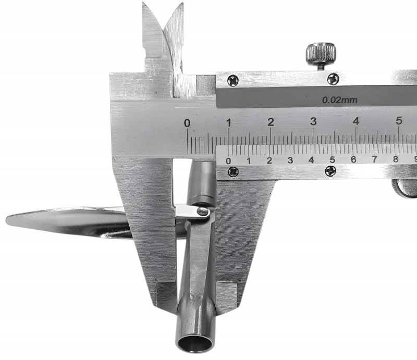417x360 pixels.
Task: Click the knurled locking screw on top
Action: click(x=321, y=55)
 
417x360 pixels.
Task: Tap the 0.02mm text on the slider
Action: click(x=340, y=100)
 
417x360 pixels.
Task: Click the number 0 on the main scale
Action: click(x=188, y=123)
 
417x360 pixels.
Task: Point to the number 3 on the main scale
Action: click(x=313, y=121)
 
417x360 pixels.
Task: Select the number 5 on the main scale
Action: click(x=399, y=121)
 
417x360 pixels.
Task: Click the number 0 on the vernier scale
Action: click(x=228, y=161)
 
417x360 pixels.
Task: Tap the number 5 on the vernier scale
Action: click(x=332, y=159)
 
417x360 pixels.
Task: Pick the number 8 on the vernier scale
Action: click(x=396, y=159)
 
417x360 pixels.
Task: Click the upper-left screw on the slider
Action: click(x=233, y=81)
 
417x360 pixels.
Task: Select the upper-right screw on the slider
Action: click(x=333, y=79)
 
